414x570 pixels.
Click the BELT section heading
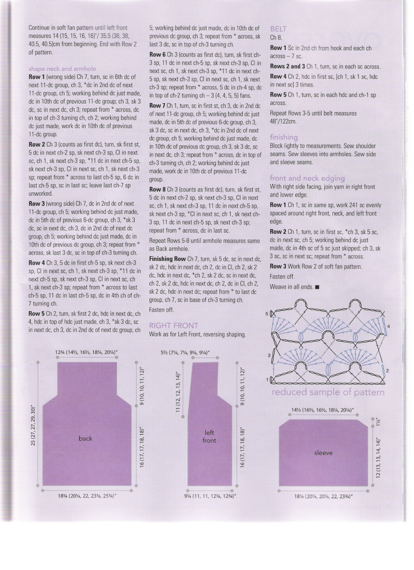point(278,28)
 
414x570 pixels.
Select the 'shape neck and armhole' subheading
point(63,69)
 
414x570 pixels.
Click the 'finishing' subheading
point(284,137)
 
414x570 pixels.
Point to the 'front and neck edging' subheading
point(307,178)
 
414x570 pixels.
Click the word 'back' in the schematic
point(85,438)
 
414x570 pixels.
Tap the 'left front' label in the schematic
point(209,437)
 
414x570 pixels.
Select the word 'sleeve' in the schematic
point(323,453)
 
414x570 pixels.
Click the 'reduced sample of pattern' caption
point(328,392)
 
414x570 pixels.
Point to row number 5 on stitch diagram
point(267,314)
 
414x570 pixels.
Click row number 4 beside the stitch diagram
point(388,327)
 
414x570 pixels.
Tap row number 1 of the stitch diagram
point(267,380)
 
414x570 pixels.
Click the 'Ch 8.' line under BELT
point(276,37)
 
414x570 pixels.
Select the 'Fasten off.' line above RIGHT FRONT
point(162,310)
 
